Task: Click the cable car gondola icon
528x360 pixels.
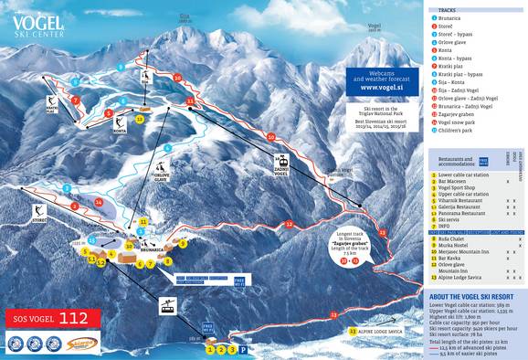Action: point(169,306)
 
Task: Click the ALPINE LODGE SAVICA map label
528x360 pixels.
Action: point(388,330)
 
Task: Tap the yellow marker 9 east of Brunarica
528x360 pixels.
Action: point(183,243)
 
